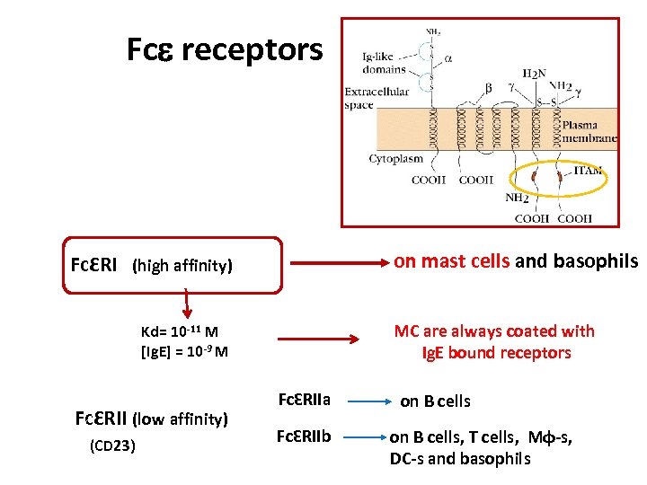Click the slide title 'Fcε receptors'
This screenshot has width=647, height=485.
point(225,50)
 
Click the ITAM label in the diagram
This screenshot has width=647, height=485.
point(588,171)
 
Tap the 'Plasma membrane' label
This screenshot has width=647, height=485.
point(589,132)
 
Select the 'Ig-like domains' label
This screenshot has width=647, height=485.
point(384,63)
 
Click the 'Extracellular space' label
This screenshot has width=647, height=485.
point(377,98)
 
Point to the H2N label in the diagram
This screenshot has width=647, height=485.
point(534,74)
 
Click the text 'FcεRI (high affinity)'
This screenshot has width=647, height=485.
point(151,266)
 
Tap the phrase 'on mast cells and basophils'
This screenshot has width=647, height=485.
point(515,261)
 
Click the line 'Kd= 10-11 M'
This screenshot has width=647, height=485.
point(180,331)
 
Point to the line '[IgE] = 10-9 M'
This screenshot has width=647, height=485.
point(184,351)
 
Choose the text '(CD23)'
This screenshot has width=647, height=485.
point(113,445)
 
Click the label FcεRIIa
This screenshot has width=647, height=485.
point(305,399)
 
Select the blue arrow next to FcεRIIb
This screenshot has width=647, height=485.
point(364,437)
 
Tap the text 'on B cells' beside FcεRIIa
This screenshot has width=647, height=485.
point(435,401)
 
